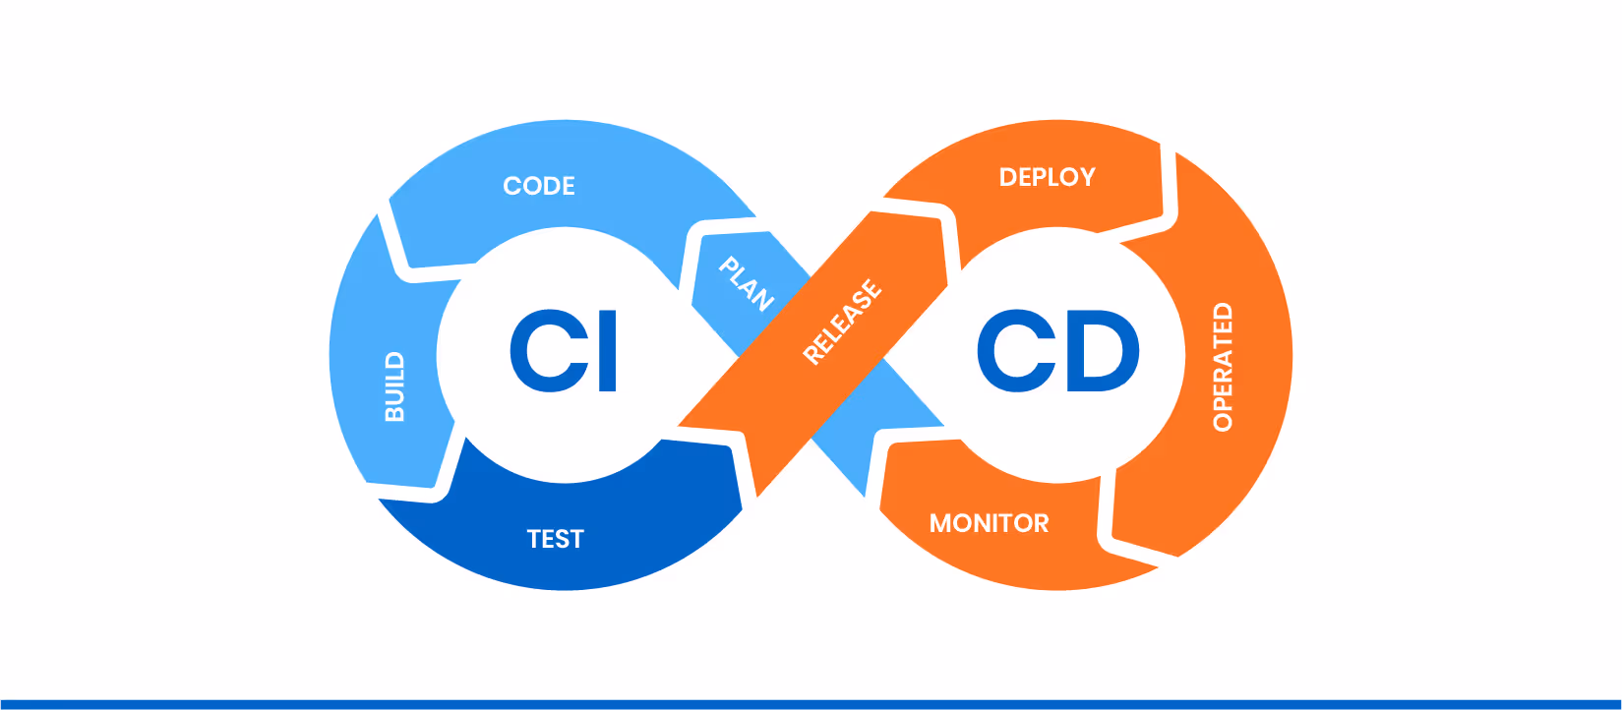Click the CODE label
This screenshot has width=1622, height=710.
539,186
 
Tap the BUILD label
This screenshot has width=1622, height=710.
394,386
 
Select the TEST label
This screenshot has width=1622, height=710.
556,539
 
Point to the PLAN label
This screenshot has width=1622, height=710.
747,283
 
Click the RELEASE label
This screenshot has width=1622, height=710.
843,322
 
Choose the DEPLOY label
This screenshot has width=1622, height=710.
1047,177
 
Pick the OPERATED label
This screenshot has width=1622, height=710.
1223,367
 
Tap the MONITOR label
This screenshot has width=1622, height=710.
990,523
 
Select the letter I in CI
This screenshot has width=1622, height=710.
608,351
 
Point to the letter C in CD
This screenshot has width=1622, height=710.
1014,351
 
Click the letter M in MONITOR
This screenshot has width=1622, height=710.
941,523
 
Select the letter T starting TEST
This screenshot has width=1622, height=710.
533,539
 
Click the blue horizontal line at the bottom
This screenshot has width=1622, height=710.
811,704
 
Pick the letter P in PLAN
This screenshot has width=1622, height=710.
729,265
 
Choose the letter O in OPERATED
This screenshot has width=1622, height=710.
1223,422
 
